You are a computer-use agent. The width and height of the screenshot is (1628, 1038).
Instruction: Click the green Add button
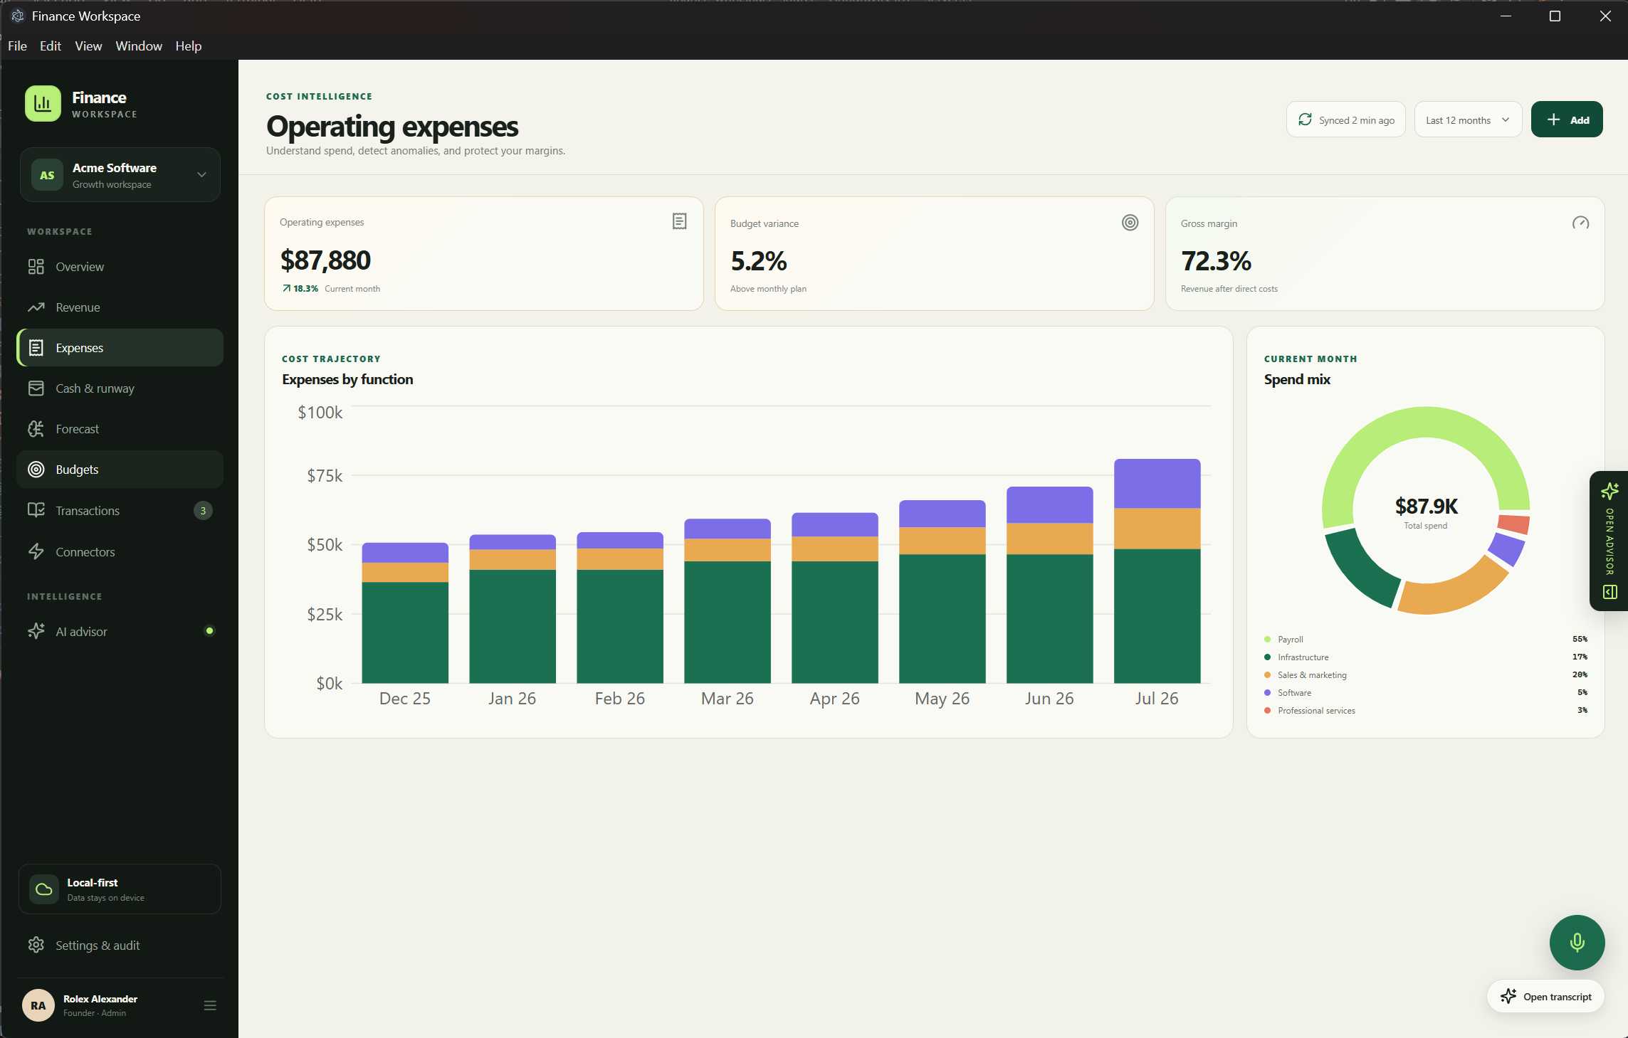(1566, 120)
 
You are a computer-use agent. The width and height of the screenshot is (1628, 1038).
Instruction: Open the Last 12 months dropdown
(1467, 120)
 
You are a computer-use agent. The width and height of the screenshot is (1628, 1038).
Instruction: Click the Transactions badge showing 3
(203, 510)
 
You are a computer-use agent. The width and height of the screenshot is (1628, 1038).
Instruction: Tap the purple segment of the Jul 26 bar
(1157, 484)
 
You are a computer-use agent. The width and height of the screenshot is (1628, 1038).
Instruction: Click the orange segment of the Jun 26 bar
(1049, 539)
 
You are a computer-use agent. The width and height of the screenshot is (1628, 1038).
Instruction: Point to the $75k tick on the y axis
(325, 475)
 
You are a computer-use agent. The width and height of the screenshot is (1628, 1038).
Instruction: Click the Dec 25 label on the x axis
(404, 699)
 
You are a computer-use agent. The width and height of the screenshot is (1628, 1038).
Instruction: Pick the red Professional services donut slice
(1514, 524)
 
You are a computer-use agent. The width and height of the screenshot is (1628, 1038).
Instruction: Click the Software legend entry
(1293, 693)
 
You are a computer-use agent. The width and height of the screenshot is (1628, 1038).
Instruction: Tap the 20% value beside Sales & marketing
(1580, 674)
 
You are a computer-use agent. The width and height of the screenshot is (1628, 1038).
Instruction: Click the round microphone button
(1577, 943)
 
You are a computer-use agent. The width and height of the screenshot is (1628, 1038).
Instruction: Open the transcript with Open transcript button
(1545, 997)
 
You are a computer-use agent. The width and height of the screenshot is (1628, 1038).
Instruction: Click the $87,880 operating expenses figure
(325, 260)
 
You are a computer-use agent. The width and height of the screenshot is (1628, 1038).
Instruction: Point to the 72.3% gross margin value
(1216, 261)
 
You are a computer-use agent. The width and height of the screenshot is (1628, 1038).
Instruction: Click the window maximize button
(1555, 16)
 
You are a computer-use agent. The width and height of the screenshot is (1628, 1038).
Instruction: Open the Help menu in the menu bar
(189, 46)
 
